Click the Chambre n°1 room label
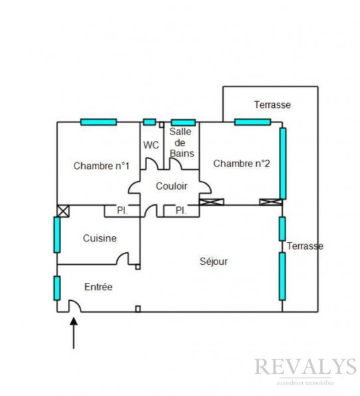(101, 166)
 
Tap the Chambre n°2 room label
(242, 164)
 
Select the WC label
(151, 145)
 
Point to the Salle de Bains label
(182, 142)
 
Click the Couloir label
(172, 186)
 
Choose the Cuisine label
(100, 238)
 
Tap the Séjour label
(214, 262)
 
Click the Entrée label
(98, 287)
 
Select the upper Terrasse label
(272, 104)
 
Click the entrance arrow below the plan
(73, 333)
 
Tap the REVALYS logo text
(305, 367)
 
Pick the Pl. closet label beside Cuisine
(122, 210)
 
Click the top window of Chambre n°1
(98, 122)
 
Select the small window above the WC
(150, 122)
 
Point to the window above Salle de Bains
(183, 122)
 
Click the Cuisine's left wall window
(57, 235)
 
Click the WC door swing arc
(152, 163)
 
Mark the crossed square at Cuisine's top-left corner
(63, 211)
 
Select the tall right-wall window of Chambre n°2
(283, 164)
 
